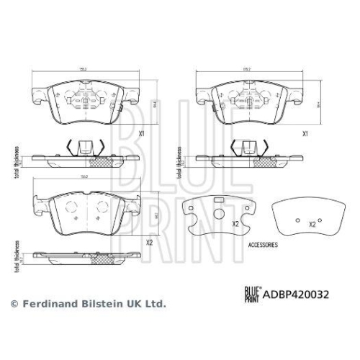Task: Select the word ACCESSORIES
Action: [264, 245]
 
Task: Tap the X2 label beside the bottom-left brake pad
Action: [149, 242]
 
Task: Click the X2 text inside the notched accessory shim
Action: [235, 224]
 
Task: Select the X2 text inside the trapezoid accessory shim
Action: [312, 224]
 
